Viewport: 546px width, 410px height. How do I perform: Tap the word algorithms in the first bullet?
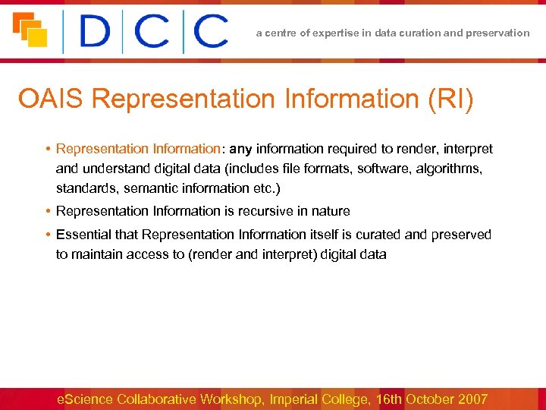tap(447, 168)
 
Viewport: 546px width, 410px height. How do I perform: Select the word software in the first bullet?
tap(384, 168)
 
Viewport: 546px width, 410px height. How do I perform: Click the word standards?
tap(84, 187)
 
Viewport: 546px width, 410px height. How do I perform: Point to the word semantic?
tap(149, 187)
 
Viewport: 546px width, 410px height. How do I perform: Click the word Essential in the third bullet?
tap(85, 235)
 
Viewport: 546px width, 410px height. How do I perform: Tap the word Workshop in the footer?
tap(230, 399)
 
